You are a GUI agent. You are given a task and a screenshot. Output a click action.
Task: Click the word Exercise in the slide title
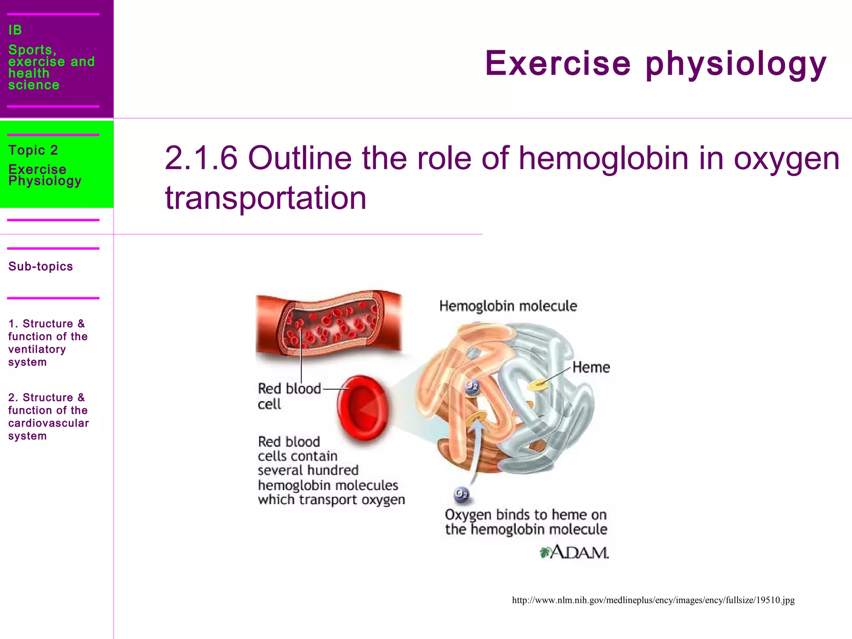coord(557,63)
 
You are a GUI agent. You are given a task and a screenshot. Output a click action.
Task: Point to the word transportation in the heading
coord(265,198)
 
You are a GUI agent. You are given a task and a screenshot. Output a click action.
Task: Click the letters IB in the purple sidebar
coord(15,30)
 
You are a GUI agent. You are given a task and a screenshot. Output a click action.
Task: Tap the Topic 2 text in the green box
coord(33,150)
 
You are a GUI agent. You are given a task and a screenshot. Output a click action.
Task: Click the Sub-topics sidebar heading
coord(40,266)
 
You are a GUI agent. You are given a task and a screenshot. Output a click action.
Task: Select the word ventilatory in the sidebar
coord(37,349)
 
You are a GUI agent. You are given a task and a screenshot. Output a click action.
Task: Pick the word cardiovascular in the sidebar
coord(48,423)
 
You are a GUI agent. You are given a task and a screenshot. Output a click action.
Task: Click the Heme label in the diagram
coord(591,367)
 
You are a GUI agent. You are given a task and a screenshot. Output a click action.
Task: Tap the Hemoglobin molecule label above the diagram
coord(508,306)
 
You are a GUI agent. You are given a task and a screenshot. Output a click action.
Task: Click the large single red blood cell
coord(363,408)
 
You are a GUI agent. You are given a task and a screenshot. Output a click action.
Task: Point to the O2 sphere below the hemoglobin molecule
coord(461,494)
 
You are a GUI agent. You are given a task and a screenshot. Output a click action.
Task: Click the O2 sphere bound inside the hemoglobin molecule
coord(472,386)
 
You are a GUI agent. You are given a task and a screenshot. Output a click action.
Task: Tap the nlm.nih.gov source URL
coord(653,600)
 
